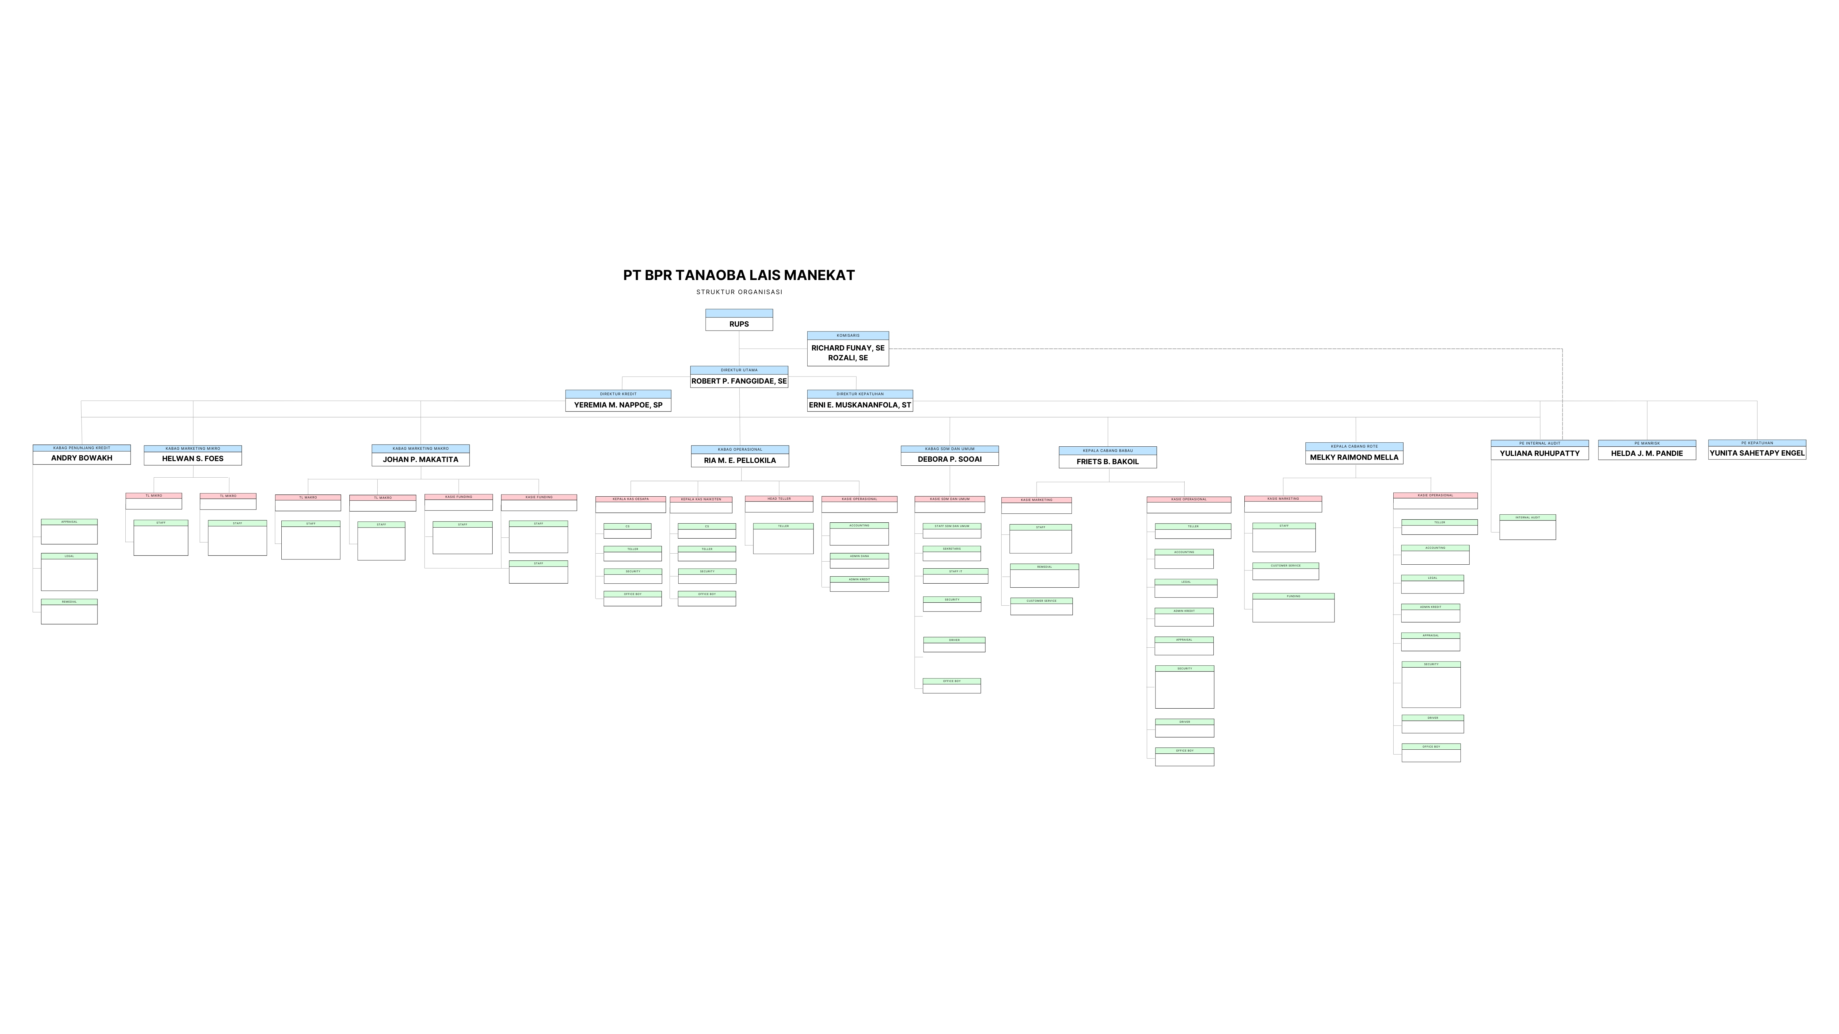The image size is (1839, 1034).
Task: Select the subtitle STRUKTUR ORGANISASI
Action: tap(739, 292)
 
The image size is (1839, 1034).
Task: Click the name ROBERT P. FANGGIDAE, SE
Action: tap(739, 381)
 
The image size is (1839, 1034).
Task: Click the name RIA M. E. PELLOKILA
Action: tap(740, 460)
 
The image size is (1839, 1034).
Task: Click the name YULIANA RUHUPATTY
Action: tap(1539, 453)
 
